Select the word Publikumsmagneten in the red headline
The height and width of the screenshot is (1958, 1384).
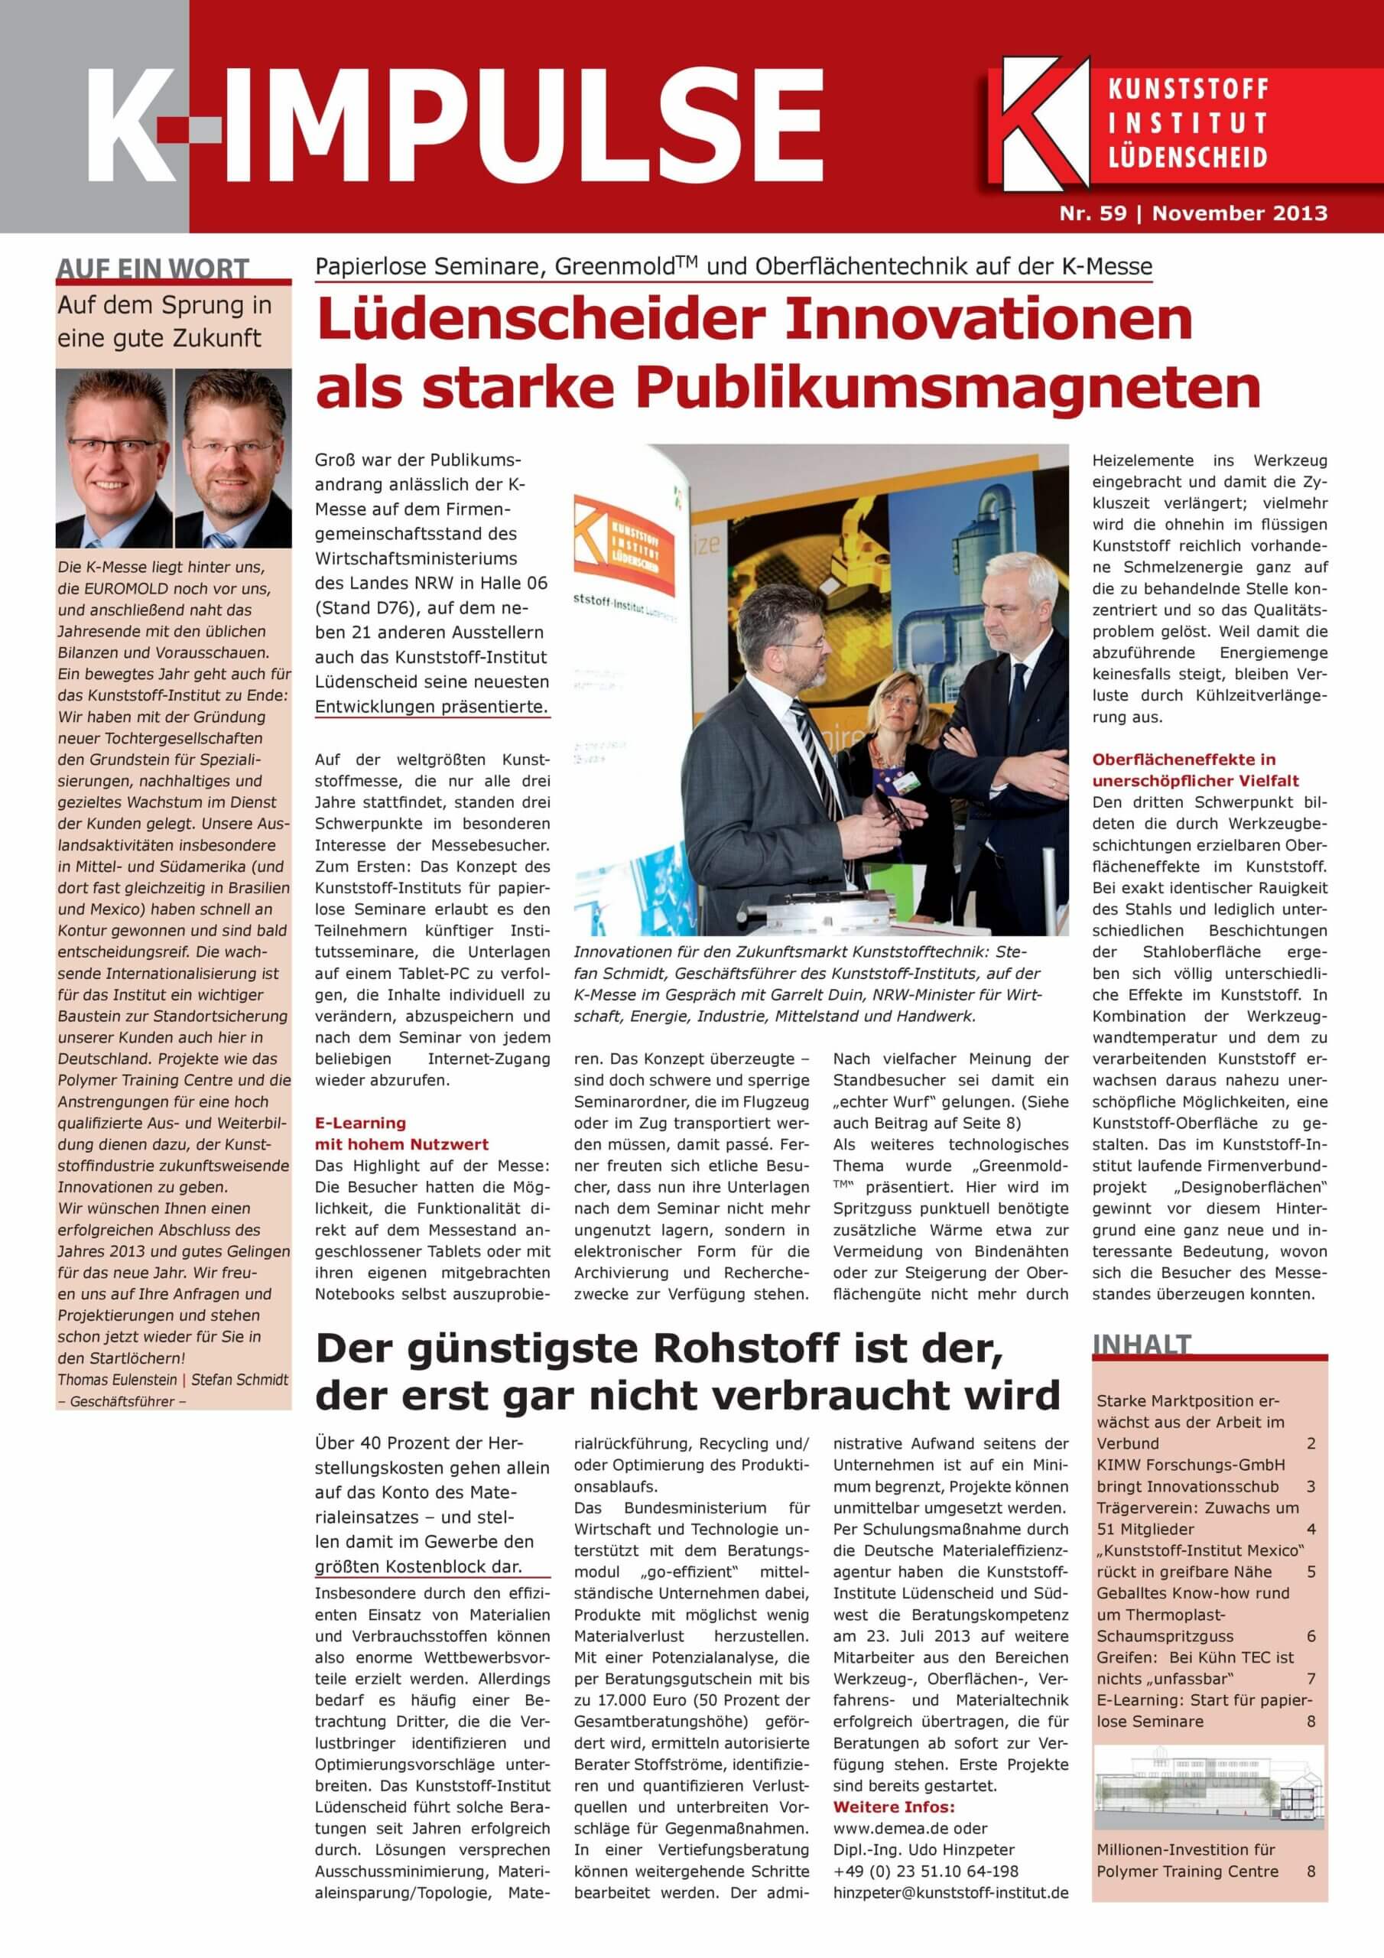[949, 388]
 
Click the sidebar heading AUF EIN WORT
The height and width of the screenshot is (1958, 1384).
[154, 269]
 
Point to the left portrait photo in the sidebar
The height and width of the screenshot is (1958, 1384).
[113, 458]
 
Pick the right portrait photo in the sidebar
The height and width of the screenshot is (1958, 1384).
[232, 458]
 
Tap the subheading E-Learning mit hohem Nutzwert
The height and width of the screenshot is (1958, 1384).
[401, 1133]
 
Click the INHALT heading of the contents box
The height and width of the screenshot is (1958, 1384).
[1141, 1345]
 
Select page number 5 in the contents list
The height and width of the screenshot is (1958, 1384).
[1311, 1572]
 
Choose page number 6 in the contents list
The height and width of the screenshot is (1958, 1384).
[1311, 1636]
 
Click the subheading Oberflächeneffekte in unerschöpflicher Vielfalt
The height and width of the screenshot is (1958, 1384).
[1196, 769]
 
